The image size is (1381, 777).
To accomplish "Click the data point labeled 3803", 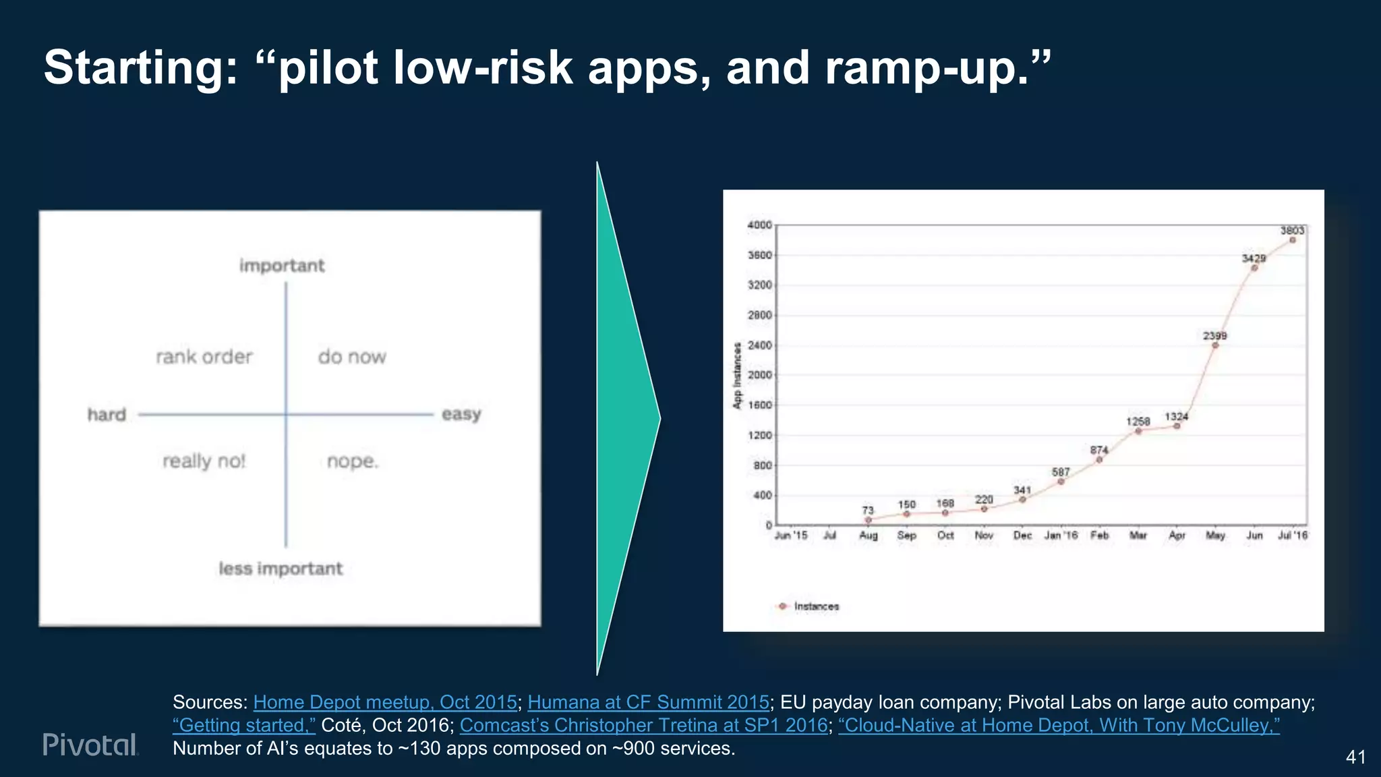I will pos(1292,240).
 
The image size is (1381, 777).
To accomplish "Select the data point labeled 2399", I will pos(1215,345).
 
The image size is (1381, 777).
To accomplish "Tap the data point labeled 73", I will pos(868,520).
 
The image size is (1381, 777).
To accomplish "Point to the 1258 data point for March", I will pos(1138,431).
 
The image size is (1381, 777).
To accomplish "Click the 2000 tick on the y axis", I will pos(760,375).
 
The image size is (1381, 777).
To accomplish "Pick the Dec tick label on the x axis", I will pos(1022,536).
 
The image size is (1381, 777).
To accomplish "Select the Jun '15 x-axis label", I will pos(791,536).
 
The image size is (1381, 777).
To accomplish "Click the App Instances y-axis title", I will pos(737,375).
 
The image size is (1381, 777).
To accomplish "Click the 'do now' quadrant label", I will pos(352,357).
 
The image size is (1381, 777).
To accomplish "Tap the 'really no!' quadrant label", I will pos(204,461).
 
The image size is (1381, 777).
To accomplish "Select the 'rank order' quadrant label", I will pos(204,357).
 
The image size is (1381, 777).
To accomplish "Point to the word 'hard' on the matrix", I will pos(107,414).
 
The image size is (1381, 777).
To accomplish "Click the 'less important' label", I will pos(281,569).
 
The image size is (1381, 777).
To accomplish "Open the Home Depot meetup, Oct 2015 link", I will pos(385,702).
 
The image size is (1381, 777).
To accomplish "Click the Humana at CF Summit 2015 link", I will pos(648,702).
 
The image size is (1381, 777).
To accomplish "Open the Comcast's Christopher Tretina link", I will pos(643,725).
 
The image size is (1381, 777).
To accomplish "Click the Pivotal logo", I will pos(90,744).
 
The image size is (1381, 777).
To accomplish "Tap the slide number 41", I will pos(1355,757).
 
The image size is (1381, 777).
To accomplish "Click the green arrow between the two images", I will pos(624,418).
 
